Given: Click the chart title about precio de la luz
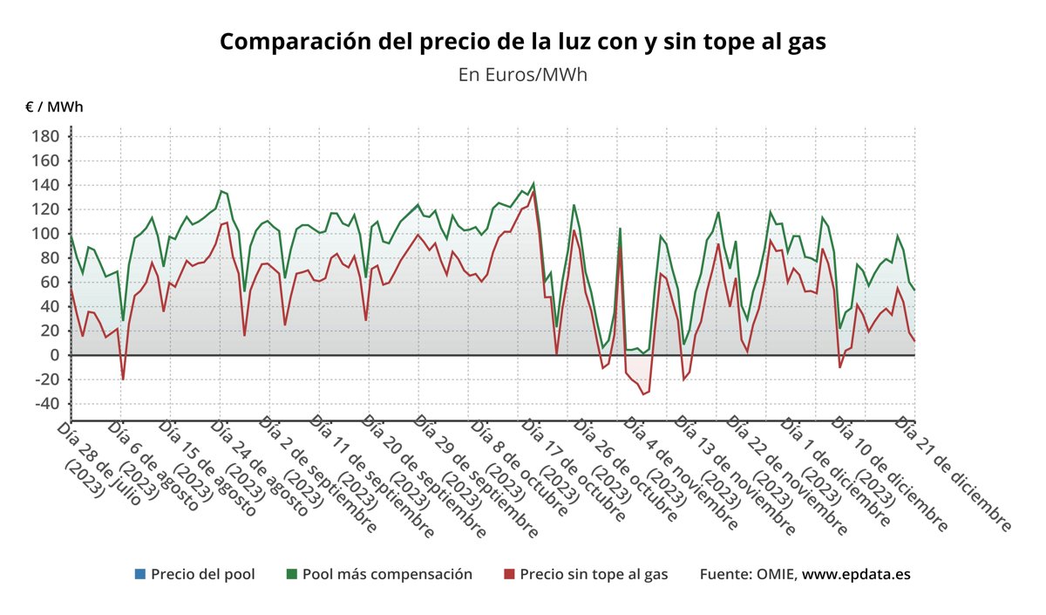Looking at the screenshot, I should (x=522, y=42).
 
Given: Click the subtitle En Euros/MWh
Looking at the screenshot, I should (x=522, y=75).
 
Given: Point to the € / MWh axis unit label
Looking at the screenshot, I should (x=54, y=107).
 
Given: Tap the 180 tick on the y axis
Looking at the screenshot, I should (x=46, y=137).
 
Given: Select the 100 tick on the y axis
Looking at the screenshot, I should (x=46, y=234).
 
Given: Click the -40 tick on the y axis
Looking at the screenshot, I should (x=46, y=404).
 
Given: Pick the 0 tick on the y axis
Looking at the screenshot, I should (x=53, y=355).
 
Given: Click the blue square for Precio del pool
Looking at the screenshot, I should (x=139, y=574).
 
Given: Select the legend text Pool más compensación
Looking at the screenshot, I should (x=387, y=574).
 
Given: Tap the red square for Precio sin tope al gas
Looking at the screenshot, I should (x=509, y=574).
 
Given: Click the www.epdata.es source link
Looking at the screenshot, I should (x=856, y=574).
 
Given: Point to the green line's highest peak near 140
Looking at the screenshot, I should (x=533, y=184).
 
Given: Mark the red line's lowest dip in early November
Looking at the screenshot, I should (x=643, y=394).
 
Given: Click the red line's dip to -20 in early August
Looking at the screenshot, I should (x=123, y=379).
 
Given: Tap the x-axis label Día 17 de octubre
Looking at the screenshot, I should (x=575, y=471).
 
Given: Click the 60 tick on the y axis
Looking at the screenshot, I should (x=50, y=282).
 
